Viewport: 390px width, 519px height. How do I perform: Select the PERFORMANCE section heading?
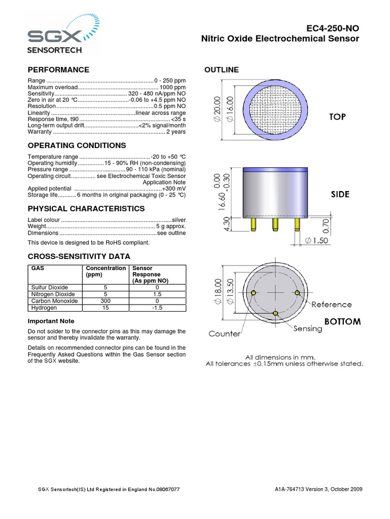pos(58,69)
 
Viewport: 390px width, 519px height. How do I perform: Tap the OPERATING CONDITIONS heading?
pos(77,145)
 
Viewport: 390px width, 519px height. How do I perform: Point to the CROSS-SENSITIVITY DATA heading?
pos(79,256)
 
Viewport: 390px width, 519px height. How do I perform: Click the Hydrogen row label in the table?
pos(44,308)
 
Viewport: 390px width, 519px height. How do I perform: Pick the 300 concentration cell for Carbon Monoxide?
pos(106,301)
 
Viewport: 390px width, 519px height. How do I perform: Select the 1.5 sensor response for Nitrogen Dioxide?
pos(157,294)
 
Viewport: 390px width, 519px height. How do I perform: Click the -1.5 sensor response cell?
pos(157,308)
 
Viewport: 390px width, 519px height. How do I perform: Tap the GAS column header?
pos(38,268)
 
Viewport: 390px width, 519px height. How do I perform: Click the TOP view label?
pos(337,117)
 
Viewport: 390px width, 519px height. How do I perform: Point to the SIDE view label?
pos(340,195)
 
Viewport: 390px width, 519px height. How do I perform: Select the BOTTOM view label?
pos(342,321)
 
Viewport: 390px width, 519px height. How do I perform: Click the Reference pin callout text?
pos(331,305)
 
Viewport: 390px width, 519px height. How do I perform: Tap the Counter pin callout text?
pos(224,334)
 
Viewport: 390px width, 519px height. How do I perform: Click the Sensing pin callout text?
pos(308,328)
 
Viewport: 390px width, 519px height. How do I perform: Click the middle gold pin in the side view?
pos(275,223)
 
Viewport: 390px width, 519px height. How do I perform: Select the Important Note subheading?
pos(51,321)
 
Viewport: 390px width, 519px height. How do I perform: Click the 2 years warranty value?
pos(176,132)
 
